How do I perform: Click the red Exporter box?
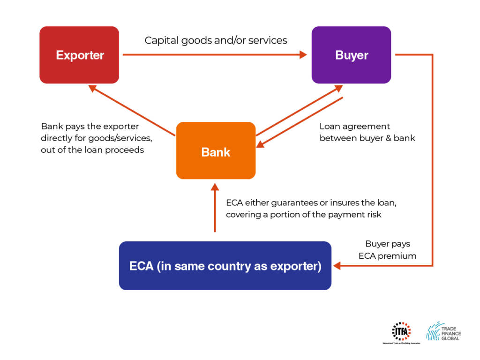click(x=79, y=55)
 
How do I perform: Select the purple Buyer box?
click(x=351, y=55)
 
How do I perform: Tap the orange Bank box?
click(x=216, y=151)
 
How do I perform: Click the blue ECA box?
click(x=225, y=266)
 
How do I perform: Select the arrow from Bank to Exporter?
click(x=131, y=111)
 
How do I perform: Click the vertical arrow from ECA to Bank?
click(x=215, y=209)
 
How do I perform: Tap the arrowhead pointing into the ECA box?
click(x=337, y=266)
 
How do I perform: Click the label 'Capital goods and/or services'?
click(x=216, y=40)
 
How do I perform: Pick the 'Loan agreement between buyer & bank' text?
click(x=367, y=132)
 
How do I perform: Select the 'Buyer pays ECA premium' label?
click(x=387, y=250)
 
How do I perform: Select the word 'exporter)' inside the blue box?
click(x=298, y=266)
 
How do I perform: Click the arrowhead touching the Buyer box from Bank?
click(x=339, y=88)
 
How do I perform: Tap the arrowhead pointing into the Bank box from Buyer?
click(x=261, y=144)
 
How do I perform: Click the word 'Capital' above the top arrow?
click(x=160, y=40)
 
